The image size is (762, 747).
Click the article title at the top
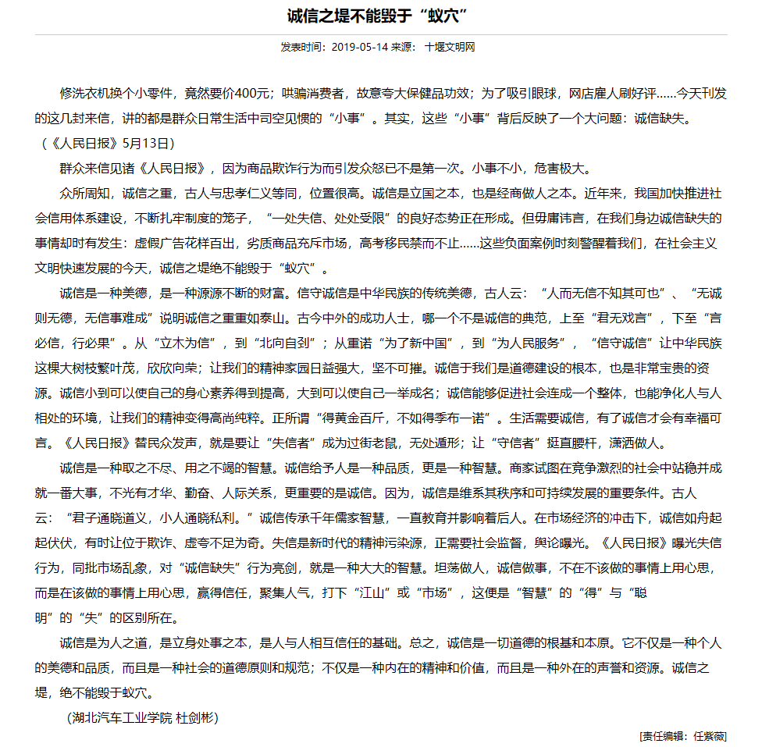coord(381,16)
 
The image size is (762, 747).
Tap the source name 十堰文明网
coord(450,47)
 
